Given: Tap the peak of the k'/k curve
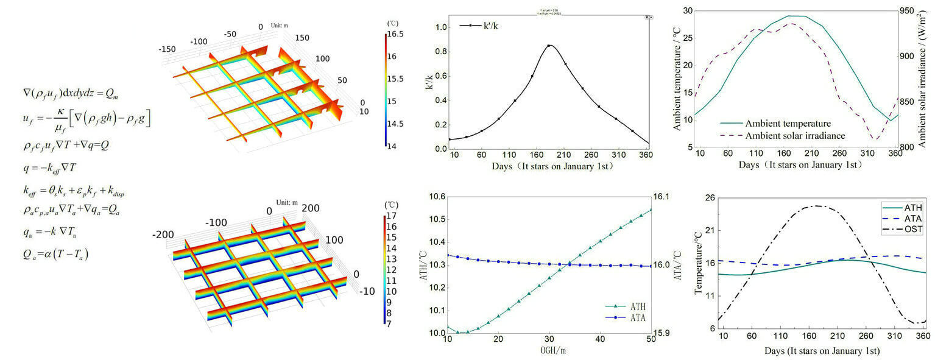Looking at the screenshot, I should click(549, 45).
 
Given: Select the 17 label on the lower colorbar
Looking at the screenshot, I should click(392, 216).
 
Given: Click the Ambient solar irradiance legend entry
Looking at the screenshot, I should click(786, 135).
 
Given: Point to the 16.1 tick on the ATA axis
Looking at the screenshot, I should click(662, 196).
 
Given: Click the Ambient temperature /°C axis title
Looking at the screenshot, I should click(677, 79).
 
